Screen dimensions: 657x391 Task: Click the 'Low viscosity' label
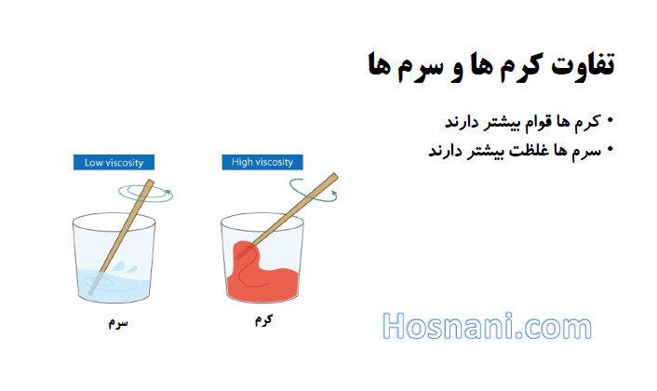114,162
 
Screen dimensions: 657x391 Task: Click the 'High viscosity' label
262,162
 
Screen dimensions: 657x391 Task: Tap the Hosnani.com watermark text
487,326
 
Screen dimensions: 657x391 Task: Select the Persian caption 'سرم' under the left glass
118,323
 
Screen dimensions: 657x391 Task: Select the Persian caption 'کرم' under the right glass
264,319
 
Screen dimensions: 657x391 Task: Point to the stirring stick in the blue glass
121,236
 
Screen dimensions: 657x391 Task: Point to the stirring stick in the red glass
289,214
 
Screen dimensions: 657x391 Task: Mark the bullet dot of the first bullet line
610,121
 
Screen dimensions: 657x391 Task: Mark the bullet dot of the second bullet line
610,149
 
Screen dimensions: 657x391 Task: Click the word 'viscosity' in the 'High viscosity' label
273,162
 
